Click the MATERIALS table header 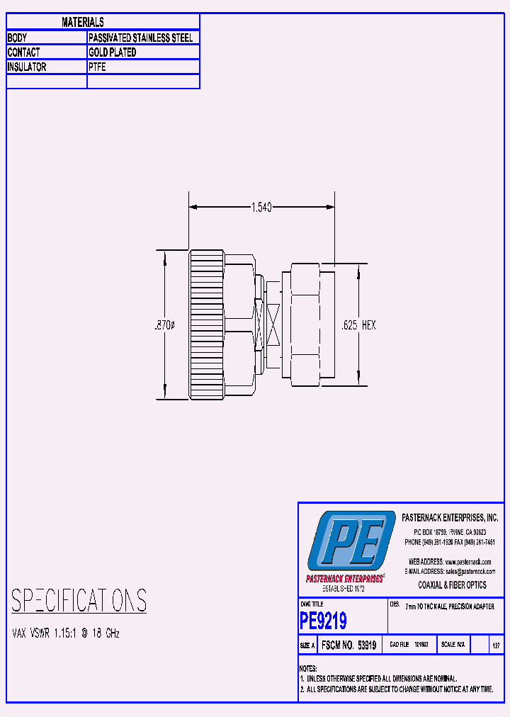(83, 23)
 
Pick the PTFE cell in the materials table (97, 67)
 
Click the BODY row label (17, 38)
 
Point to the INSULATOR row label (27, 67)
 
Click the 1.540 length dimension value (261, 207)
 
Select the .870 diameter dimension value (164, 325)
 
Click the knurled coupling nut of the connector (206, 324)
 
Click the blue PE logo (351, 542)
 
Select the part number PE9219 (323, 621)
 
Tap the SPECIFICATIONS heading (79, 601)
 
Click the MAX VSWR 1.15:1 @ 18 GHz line (67, 633)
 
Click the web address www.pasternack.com (467, 562)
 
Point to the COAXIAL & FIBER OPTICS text (452, 585)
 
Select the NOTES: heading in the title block (308, 668)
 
